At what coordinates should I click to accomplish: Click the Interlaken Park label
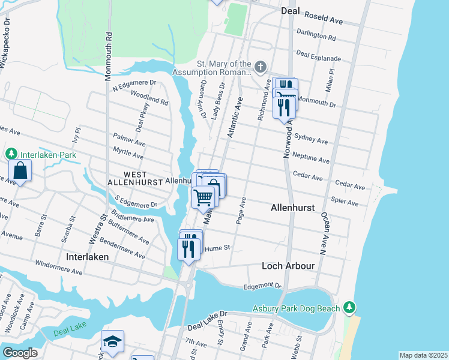click(x=49, y=154)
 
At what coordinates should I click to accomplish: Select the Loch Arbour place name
click(x=288, y=265)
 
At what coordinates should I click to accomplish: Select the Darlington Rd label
click(x=316, y=36)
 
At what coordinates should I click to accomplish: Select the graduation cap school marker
click(x=112, y=341)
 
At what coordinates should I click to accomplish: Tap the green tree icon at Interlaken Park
click(x=11, y=154)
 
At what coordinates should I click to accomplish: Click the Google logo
click(x=20, y=353)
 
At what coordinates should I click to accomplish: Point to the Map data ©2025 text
click(x=422, y=355)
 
